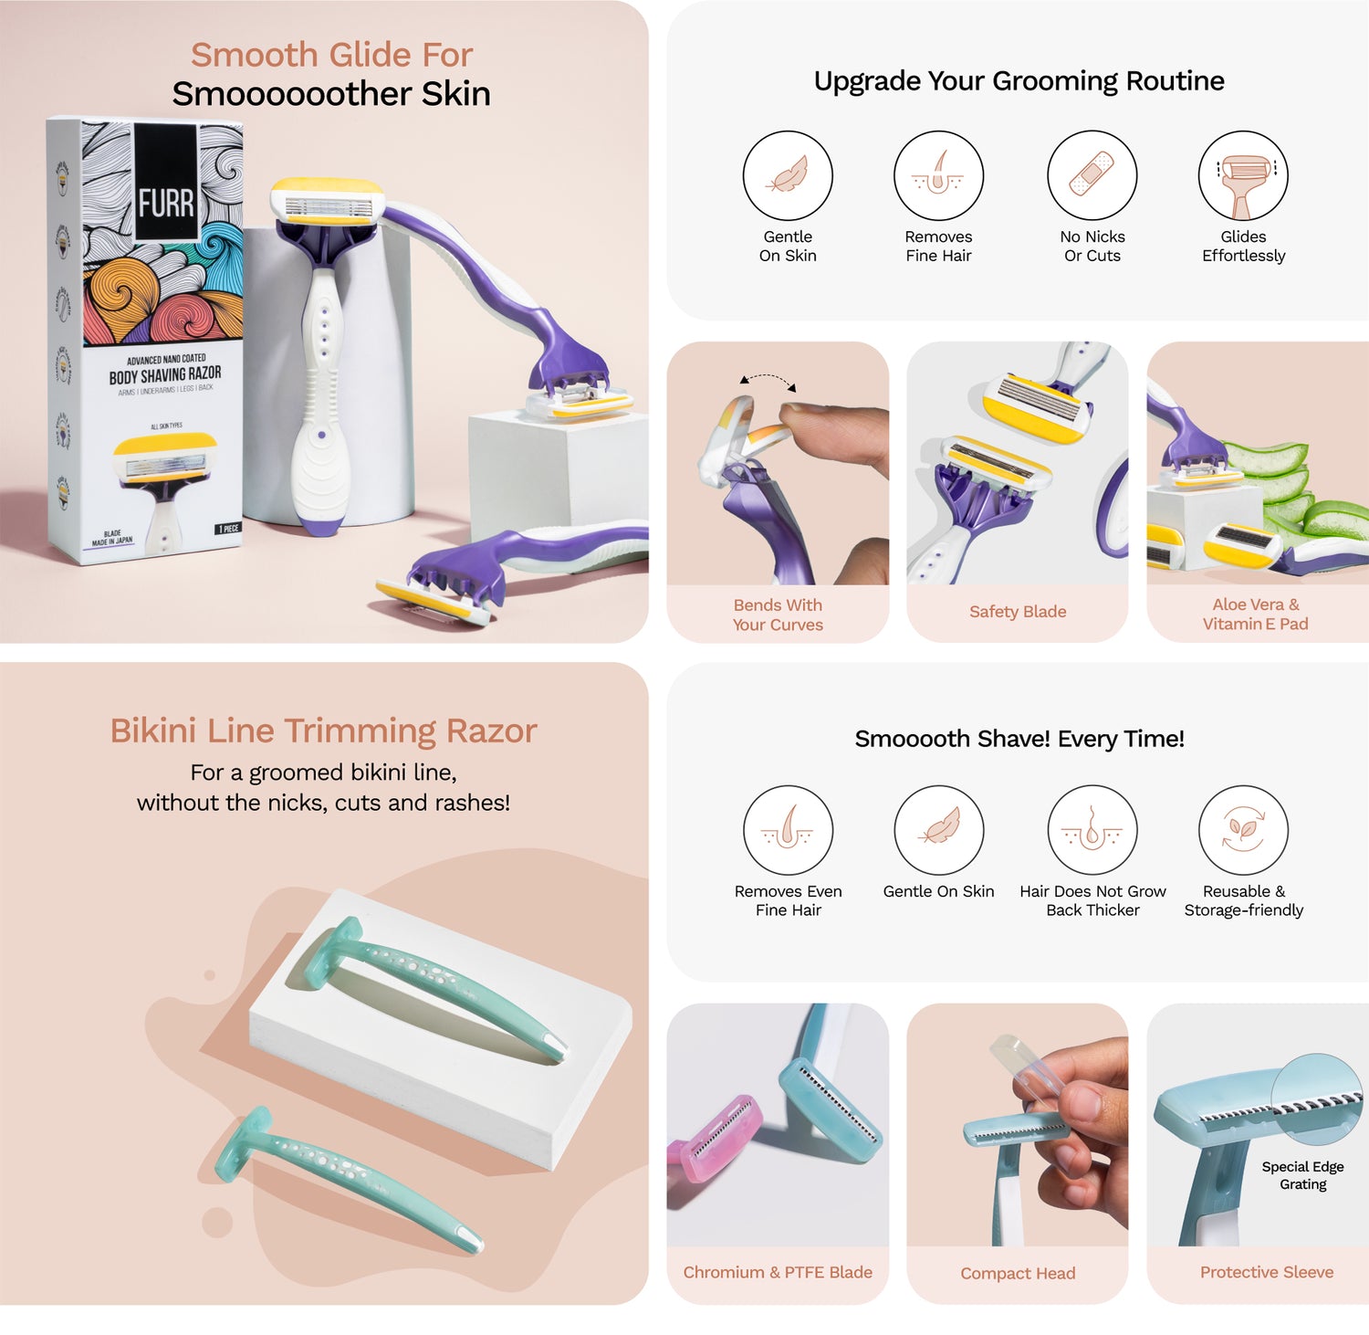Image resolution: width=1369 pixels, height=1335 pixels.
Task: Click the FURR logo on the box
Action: pyautogui.click(x=166, y=203)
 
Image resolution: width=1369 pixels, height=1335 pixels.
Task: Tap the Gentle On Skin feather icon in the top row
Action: pyautogui.click(x=788, y=175)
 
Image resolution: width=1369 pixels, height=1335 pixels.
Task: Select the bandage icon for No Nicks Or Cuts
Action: pyautogui.click(x=1092, y=175)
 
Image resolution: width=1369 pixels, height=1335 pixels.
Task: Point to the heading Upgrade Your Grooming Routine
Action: pyautogui.click(x=1019, y=81)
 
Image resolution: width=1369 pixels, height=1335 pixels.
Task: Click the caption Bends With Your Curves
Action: pyautogui.click(x=778, y=615)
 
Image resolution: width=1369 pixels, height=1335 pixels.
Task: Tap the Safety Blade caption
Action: pyautogui.click(x=1018, y=612)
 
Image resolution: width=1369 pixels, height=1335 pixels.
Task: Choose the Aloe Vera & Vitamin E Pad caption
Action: pyautogui.click(x=1256, y=614)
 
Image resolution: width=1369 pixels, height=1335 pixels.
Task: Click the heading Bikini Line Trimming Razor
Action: pyautogui.click(x=323, y=731)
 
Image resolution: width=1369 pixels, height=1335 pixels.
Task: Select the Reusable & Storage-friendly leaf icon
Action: pyautogui.click(x=1243, y=830)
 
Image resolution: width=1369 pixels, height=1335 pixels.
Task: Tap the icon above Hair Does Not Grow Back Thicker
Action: pyautogui.click(x=1092, y=830)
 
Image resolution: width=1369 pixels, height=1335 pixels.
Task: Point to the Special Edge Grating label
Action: pyautogui.click(x=1302, y=1175)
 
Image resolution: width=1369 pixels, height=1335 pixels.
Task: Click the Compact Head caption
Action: pyautogui.click(x=1018, y=1273)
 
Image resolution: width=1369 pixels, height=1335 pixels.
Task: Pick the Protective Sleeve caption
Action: pyautogui.click(x=1266, y=1272)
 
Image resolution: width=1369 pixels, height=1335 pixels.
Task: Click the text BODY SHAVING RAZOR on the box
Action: pyautogui.click(x=165, y=375)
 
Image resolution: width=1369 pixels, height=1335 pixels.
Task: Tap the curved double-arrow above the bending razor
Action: pyautogui.click(x=768, y=380)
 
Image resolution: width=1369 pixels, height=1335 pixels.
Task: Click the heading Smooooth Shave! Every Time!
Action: pyautogui.click(x=1019, y=739)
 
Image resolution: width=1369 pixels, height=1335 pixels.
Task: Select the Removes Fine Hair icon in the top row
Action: pyautogui.click(x=938, y=175)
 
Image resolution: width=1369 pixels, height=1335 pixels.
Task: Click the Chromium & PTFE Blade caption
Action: pyautogui.click(x=778, y=1272)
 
